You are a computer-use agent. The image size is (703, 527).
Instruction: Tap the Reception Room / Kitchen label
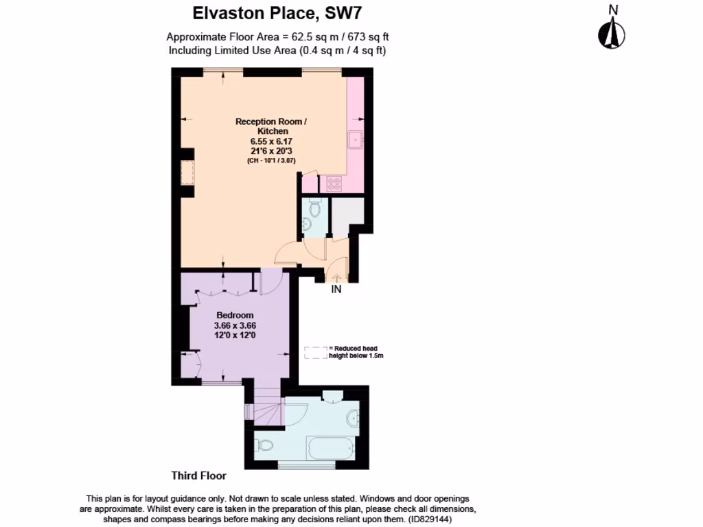pyautogui.click(x=271, y=126)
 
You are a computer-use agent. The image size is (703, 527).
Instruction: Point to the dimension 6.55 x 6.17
pyautogui.click(x=271, y=141)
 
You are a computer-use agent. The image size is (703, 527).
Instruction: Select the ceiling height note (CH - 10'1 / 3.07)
pyautogui.click(x=271, y=161)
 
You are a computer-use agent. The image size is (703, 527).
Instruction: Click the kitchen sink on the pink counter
pyautogui.click(x=356, y=139)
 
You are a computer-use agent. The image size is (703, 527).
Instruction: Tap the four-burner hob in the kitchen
pyautogui.click(x=334, y=184)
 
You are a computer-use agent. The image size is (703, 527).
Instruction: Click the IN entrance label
pyautogui.click(x=336, y=290)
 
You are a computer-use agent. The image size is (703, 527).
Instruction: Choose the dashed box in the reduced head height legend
pyautogui.click(x=315, y=353)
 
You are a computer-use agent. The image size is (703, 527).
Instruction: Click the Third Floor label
pyautogui.click(x=198, y=476)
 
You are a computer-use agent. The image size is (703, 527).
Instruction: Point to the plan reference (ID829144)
pyautogui.click(x=430, y=520)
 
